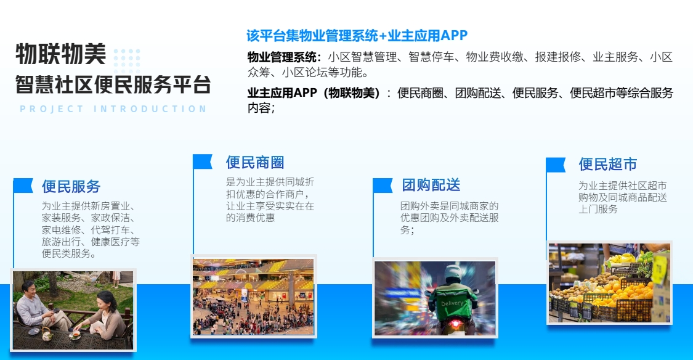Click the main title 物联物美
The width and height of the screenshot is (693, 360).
[60, 55]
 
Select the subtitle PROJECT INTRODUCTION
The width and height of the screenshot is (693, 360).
[113, 109]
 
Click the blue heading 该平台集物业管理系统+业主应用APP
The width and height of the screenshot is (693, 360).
[357, 35]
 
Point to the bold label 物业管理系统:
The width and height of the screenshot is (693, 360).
[285, 57]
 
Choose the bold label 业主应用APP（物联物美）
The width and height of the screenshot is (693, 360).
[316, 93]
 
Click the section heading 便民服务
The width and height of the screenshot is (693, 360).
[71, 186]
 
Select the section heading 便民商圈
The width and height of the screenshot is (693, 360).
[255, 163]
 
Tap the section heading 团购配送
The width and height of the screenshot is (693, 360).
[431, 185]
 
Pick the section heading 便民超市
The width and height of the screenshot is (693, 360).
[607, 165]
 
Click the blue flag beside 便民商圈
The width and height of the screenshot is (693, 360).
[203, 162]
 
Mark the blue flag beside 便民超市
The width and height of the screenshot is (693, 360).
[556, 165]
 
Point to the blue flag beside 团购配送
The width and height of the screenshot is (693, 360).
[383, 185]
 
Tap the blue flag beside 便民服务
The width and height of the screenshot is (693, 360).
[23, 186]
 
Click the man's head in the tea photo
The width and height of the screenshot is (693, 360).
[29, 287]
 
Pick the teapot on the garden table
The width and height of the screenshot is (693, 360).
[46, 333]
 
